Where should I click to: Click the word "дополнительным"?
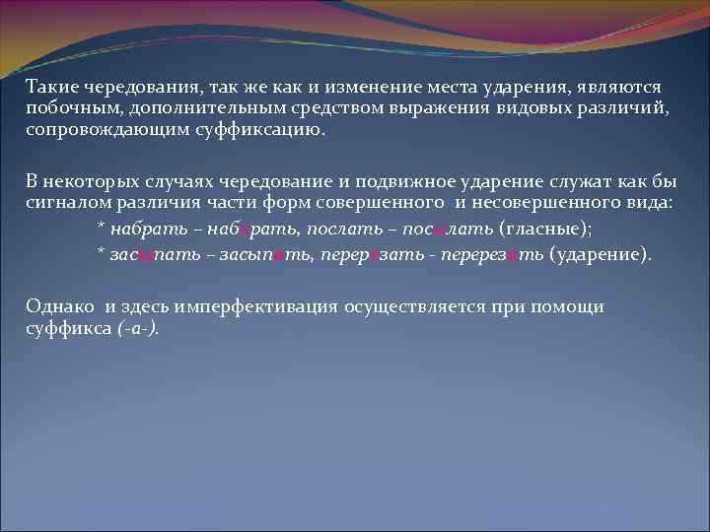(194, 109)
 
